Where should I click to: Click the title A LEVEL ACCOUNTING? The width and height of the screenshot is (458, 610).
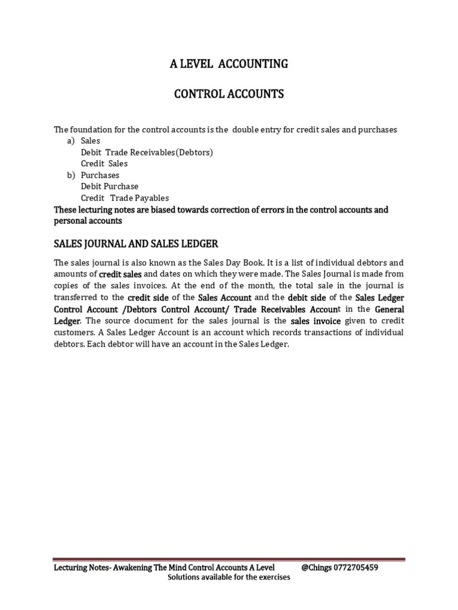click(228, 64)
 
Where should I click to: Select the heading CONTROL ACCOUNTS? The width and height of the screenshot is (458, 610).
click(228, 94)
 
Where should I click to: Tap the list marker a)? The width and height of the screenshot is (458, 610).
click(70, 141)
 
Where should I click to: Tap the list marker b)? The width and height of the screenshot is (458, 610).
click(70, 175)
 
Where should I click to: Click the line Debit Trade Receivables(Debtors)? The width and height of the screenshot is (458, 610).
click(147, 152)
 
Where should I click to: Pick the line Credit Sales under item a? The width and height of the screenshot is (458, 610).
click(104, 164)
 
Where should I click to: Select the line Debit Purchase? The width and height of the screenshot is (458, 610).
click(110, 186)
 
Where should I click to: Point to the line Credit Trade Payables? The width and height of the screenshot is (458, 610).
click(125, 198)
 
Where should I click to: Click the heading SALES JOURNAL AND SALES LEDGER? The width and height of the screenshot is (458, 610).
click(136, 244)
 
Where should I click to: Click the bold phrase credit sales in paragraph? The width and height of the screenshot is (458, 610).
click(120, 274)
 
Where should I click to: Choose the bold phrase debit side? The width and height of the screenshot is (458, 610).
click(308, 297)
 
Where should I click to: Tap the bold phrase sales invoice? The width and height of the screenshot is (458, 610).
click(316, 321)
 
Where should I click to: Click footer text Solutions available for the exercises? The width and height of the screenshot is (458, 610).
click(229, 578)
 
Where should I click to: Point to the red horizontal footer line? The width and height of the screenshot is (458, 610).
click(229, 559)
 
